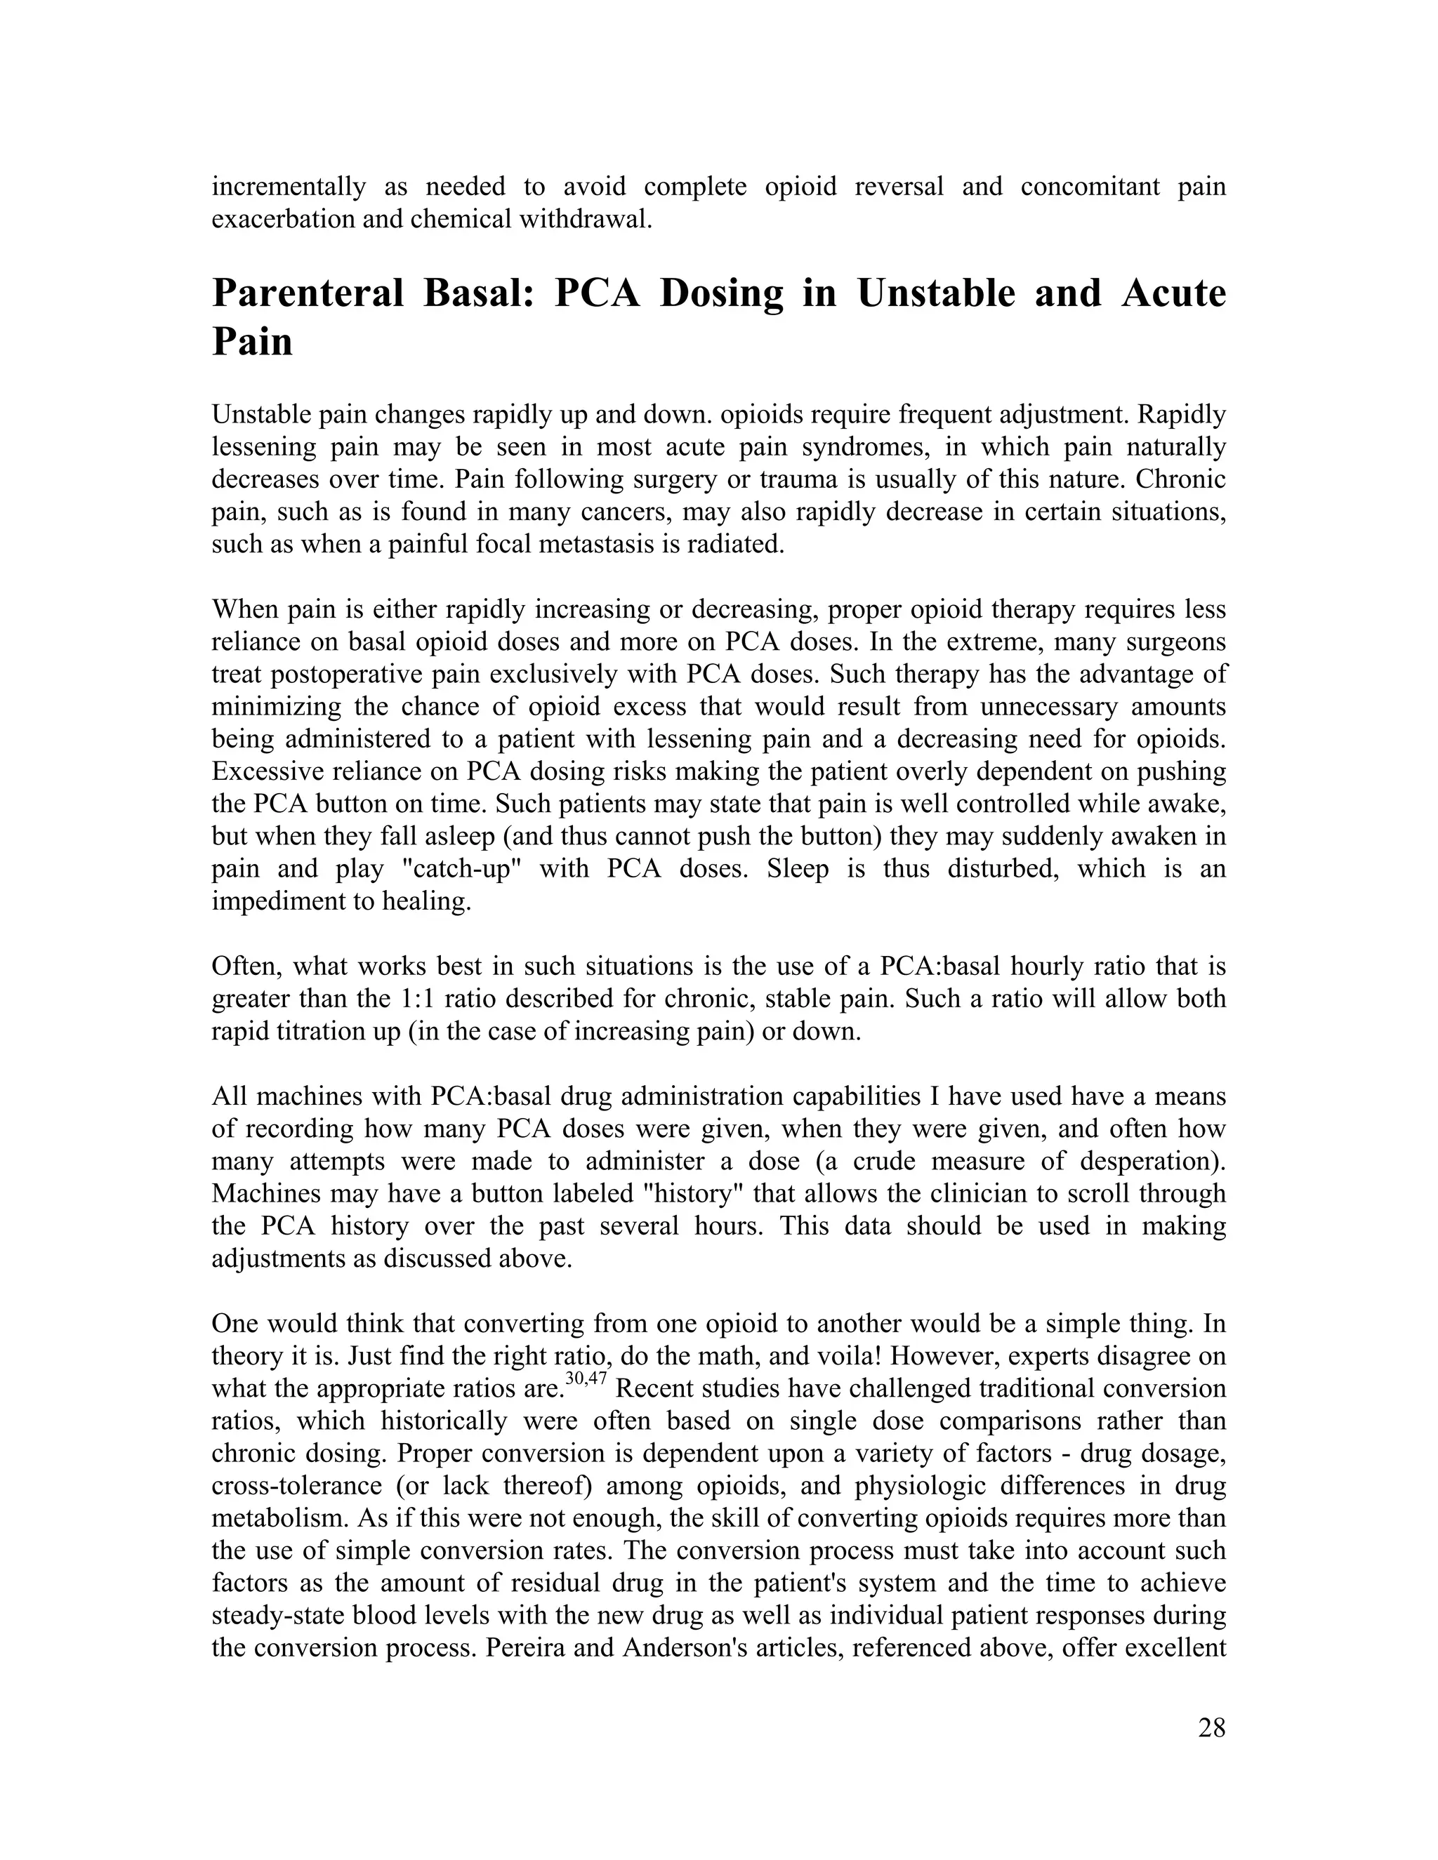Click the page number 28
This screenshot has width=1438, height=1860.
pyautogui.click(x=1211, y=1728)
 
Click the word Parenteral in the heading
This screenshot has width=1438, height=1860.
pyautogui.click(x=308, y=294)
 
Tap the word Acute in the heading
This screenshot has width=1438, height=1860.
pyautogui.click(x=1173, y=294)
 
